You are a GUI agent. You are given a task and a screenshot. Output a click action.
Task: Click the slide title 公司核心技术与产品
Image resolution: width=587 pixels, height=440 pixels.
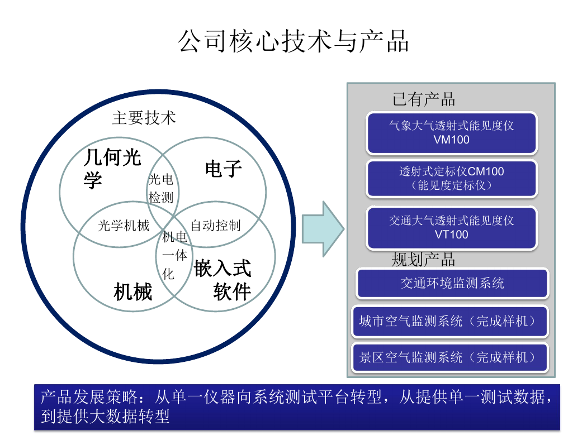point(293,41)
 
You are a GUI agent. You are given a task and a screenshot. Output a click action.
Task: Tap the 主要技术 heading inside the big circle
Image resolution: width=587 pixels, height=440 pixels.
point(144,118)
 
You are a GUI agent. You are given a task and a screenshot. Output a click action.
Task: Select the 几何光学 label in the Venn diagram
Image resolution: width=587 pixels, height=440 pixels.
point(112,168)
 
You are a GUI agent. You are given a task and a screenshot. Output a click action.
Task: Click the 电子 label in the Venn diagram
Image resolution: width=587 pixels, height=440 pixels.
point(224,169)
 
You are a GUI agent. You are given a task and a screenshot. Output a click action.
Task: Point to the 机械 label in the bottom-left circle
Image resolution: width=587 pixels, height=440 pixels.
point(133,291)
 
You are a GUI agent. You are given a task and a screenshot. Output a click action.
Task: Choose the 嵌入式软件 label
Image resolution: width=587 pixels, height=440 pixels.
point(223,280)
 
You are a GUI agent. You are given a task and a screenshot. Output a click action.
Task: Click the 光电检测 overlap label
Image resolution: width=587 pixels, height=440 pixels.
point(161,188)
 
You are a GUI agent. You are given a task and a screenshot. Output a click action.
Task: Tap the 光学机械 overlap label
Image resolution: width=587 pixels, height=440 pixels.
point(124,226)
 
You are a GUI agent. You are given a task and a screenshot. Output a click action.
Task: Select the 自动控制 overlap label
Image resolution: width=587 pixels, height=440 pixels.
point(216,226)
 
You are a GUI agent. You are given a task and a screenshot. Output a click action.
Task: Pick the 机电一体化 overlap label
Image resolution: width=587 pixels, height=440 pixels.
point(174,255)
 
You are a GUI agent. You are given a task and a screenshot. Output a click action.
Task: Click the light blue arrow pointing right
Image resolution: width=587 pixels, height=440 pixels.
point(323,229)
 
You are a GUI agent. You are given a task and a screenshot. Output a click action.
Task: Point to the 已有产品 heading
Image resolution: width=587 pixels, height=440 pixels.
point(423,99)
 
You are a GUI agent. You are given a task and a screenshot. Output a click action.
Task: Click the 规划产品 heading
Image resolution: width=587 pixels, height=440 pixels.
point(423,260)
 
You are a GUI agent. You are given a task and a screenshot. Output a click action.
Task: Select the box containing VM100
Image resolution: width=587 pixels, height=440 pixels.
point(452,133)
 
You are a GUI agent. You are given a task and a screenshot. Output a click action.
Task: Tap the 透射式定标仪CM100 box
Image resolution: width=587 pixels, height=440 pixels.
point(452,178)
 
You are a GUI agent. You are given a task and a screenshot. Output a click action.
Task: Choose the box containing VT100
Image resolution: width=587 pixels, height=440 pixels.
point(452,228)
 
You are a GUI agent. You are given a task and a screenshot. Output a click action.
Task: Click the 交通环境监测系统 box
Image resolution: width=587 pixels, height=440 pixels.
point(452,283)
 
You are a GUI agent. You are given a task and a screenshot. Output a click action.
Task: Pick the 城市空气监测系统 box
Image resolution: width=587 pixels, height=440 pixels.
point(449,321)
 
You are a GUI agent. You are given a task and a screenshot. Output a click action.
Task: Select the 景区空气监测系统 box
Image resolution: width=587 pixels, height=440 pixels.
point(449,357)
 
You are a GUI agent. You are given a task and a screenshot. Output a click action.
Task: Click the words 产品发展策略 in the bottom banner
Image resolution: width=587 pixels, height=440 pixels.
point(89,396)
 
